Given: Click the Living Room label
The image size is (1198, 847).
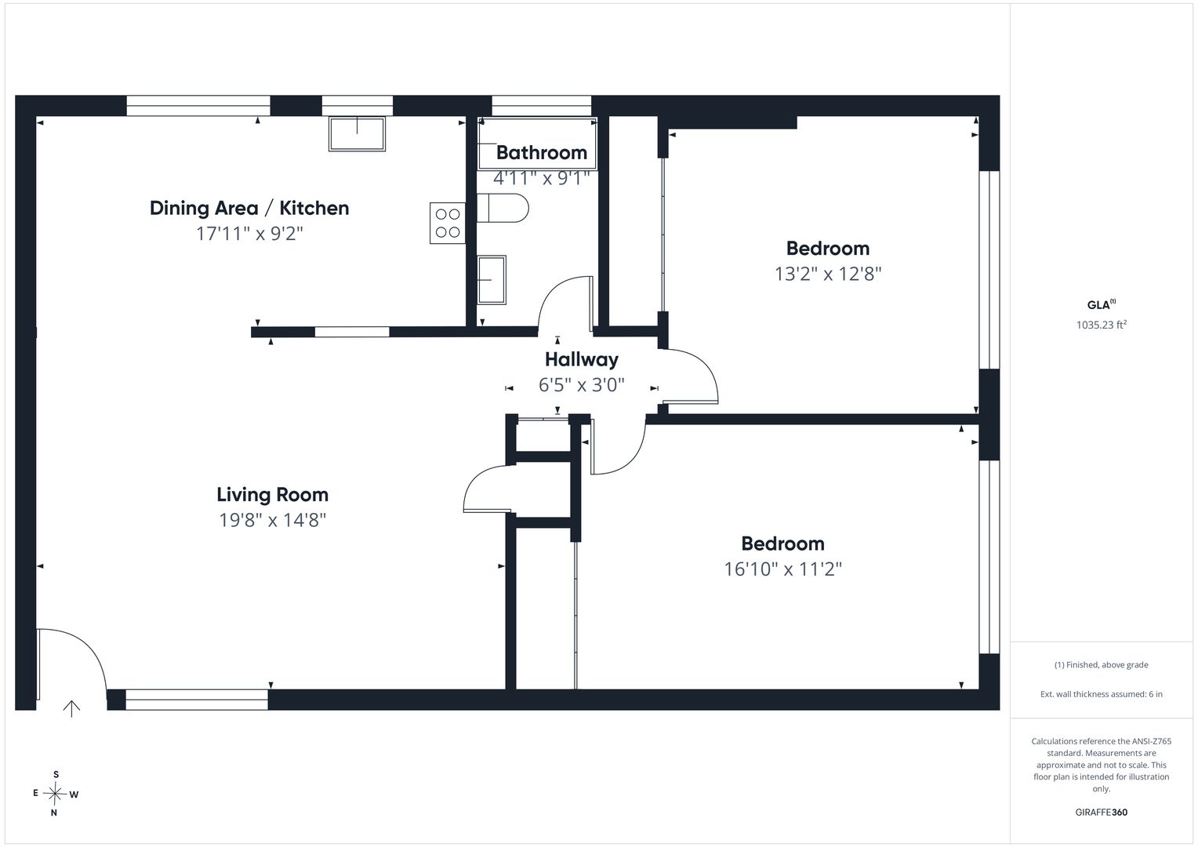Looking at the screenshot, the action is (272, 495).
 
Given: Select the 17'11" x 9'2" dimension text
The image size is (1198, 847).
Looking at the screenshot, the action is (249, 234).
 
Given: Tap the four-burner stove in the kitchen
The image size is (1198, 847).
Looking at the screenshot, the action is (448, 223).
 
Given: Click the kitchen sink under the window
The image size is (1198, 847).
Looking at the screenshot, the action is (357, 134).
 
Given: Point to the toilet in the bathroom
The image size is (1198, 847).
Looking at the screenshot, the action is (503, 208).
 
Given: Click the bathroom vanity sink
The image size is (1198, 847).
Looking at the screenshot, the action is (492, 279).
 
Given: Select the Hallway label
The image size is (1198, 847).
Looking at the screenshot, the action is (581, 359).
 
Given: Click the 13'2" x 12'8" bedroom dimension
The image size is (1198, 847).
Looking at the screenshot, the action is (828, 274).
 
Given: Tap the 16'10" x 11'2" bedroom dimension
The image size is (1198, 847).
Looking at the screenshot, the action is (782, 569).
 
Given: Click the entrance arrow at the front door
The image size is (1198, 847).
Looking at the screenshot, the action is (71, 708).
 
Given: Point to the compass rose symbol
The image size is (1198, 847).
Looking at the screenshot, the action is (55, 794).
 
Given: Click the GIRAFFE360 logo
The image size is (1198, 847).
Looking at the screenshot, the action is (1102, 812).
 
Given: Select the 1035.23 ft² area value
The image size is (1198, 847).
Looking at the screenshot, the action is (1102, 325).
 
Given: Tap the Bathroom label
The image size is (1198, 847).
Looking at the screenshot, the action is (541, 153).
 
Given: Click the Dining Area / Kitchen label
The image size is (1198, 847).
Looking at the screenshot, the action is (249, 208).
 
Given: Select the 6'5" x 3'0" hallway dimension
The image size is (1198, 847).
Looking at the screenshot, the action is (581, 385).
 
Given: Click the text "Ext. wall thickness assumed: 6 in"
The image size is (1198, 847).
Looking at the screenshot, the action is (1102, 694).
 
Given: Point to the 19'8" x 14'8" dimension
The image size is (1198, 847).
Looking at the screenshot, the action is (272, 520).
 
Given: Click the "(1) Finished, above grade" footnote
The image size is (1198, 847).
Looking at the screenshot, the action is (1102, 664).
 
